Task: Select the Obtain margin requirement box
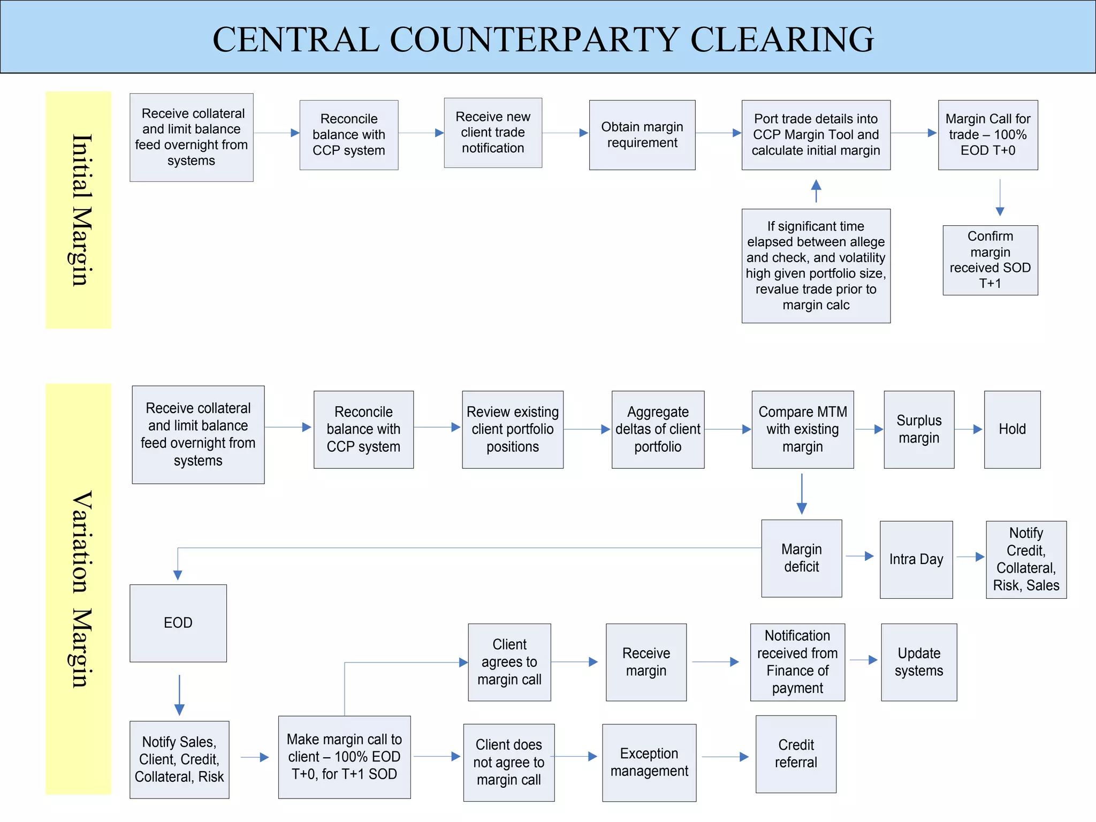pos(642,135)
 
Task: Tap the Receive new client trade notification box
pos(492,133)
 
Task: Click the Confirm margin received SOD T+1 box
pos(990,260)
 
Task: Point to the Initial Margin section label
pos(79,210)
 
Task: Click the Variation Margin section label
pos(79,589)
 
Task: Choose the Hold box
pos(1011,429)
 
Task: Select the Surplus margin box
pos(918,429)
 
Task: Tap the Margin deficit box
pos(801,558)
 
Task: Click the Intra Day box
pos(916,559)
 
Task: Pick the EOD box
pos(178,623)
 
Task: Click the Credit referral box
pos(795,753)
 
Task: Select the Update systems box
pos(918,662)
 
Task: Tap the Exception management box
pos(649,762)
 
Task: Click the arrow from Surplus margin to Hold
pos(969,429)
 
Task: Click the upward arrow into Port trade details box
pos(816,191)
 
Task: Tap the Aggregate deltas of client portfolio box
pos(657,429)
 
